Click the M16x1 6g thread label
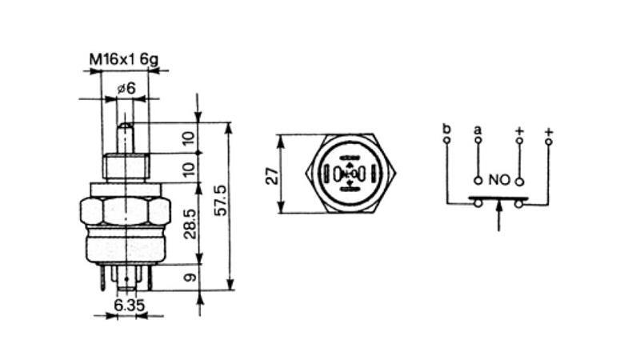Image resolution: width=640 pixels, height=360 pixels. click(x=124, y=59)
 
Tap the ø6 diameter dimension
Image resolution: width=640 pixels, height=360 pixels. click(x=126, y=88)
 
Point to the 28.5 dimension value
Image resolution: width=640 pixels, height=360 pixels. click(x=190, y=224)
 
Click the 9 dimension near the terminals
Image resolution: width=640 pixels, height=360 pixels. click(x=190, y=278)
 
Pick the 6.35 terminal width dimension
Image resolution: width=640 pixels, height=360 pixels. click(x=129, y=305)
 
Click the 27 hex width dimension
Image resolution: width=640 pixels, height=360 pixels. click(x=272, y=175)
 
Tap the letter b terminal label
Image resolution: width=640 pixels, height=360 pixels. click(x=447, y=129)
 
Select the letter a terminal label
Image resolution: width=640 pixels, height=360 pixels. click(x=478, y=130)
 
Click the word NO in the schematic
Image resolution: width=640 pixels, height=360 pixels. click(x=499, y=180)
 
